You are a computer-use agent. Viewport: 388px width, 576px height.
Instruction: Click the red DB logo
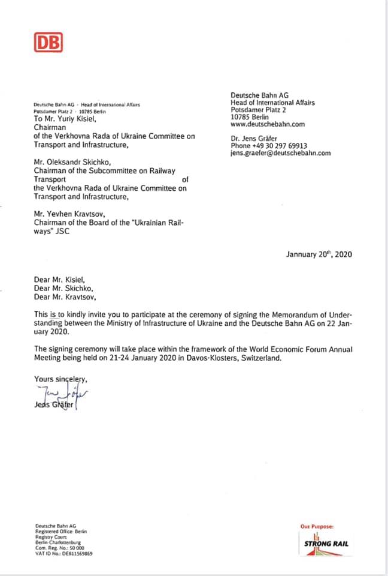[48, 43]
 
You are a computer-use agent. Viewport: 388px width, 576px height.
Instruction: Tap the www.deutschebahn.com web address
[268, 125]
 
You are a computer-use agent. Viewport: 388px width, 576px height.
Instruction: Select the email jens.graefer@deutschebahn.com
[280, 153]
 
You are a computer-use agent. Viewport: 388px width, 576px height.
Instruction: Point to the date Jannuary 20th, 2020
[319, 254]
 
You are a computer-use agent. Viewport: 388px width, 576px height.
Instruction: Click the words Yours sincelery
[60, 379]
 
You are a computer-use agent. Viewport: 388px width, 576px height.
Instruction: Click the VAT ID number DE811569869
[64, 554]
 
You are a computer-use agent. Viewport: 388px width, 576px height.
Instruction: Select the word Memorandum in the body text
[282, 314]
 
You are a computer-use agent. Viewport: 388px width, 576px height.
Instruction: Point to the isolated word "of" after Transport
[184, 179]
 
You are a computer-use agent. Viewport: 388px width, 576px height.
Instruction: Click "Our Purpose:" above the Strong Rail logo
[317, 526]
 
